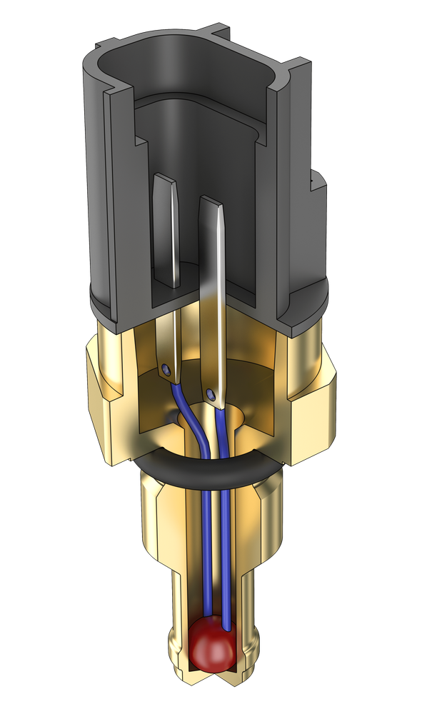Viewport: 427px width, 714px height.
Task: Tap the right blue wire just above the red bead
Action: coord(227,614)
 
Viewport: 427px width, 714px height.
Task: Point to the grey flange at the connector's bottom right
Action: coord(300,314)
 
